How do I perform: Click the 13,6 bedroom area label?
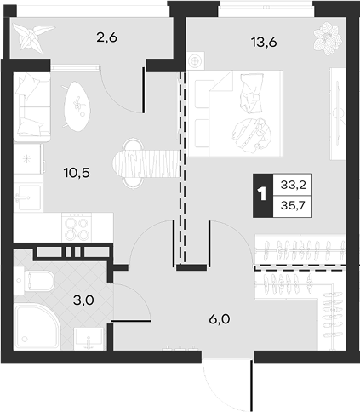(x=264, y=43)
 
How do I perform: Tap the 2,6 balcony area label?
(x=106, y=37)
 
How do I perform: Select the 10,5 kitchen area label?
(x=77, y=172)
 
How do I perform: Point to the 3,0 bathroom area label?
(x=83, y=300)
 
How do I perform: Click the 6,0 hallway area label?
(x=220, y=319)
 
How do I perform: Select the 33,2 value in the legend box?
(x=293, y=185)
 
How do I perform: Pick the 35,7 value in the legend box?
(x=293, y=205)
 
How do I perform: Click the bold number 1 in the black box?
(x=262, y=194)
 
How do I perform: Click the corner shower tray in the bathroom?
(x=37, y=327)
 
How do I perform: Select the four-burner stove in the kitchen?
(x=77, y=227)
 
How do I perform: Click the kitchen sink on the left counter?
(x=27, y=197)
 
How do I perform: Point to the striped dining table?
(x=147, y=163)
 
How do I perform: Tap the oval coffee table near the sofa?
(x=77, y=106)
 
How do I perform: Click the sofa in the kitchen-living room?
(x=32, y=106)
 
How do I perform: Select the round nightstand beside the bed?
(x=195, y=60)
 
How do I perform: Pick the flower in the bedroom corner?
(x=328, y=38)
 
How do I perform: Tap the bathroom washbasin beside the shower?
(x=89, y=339)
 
